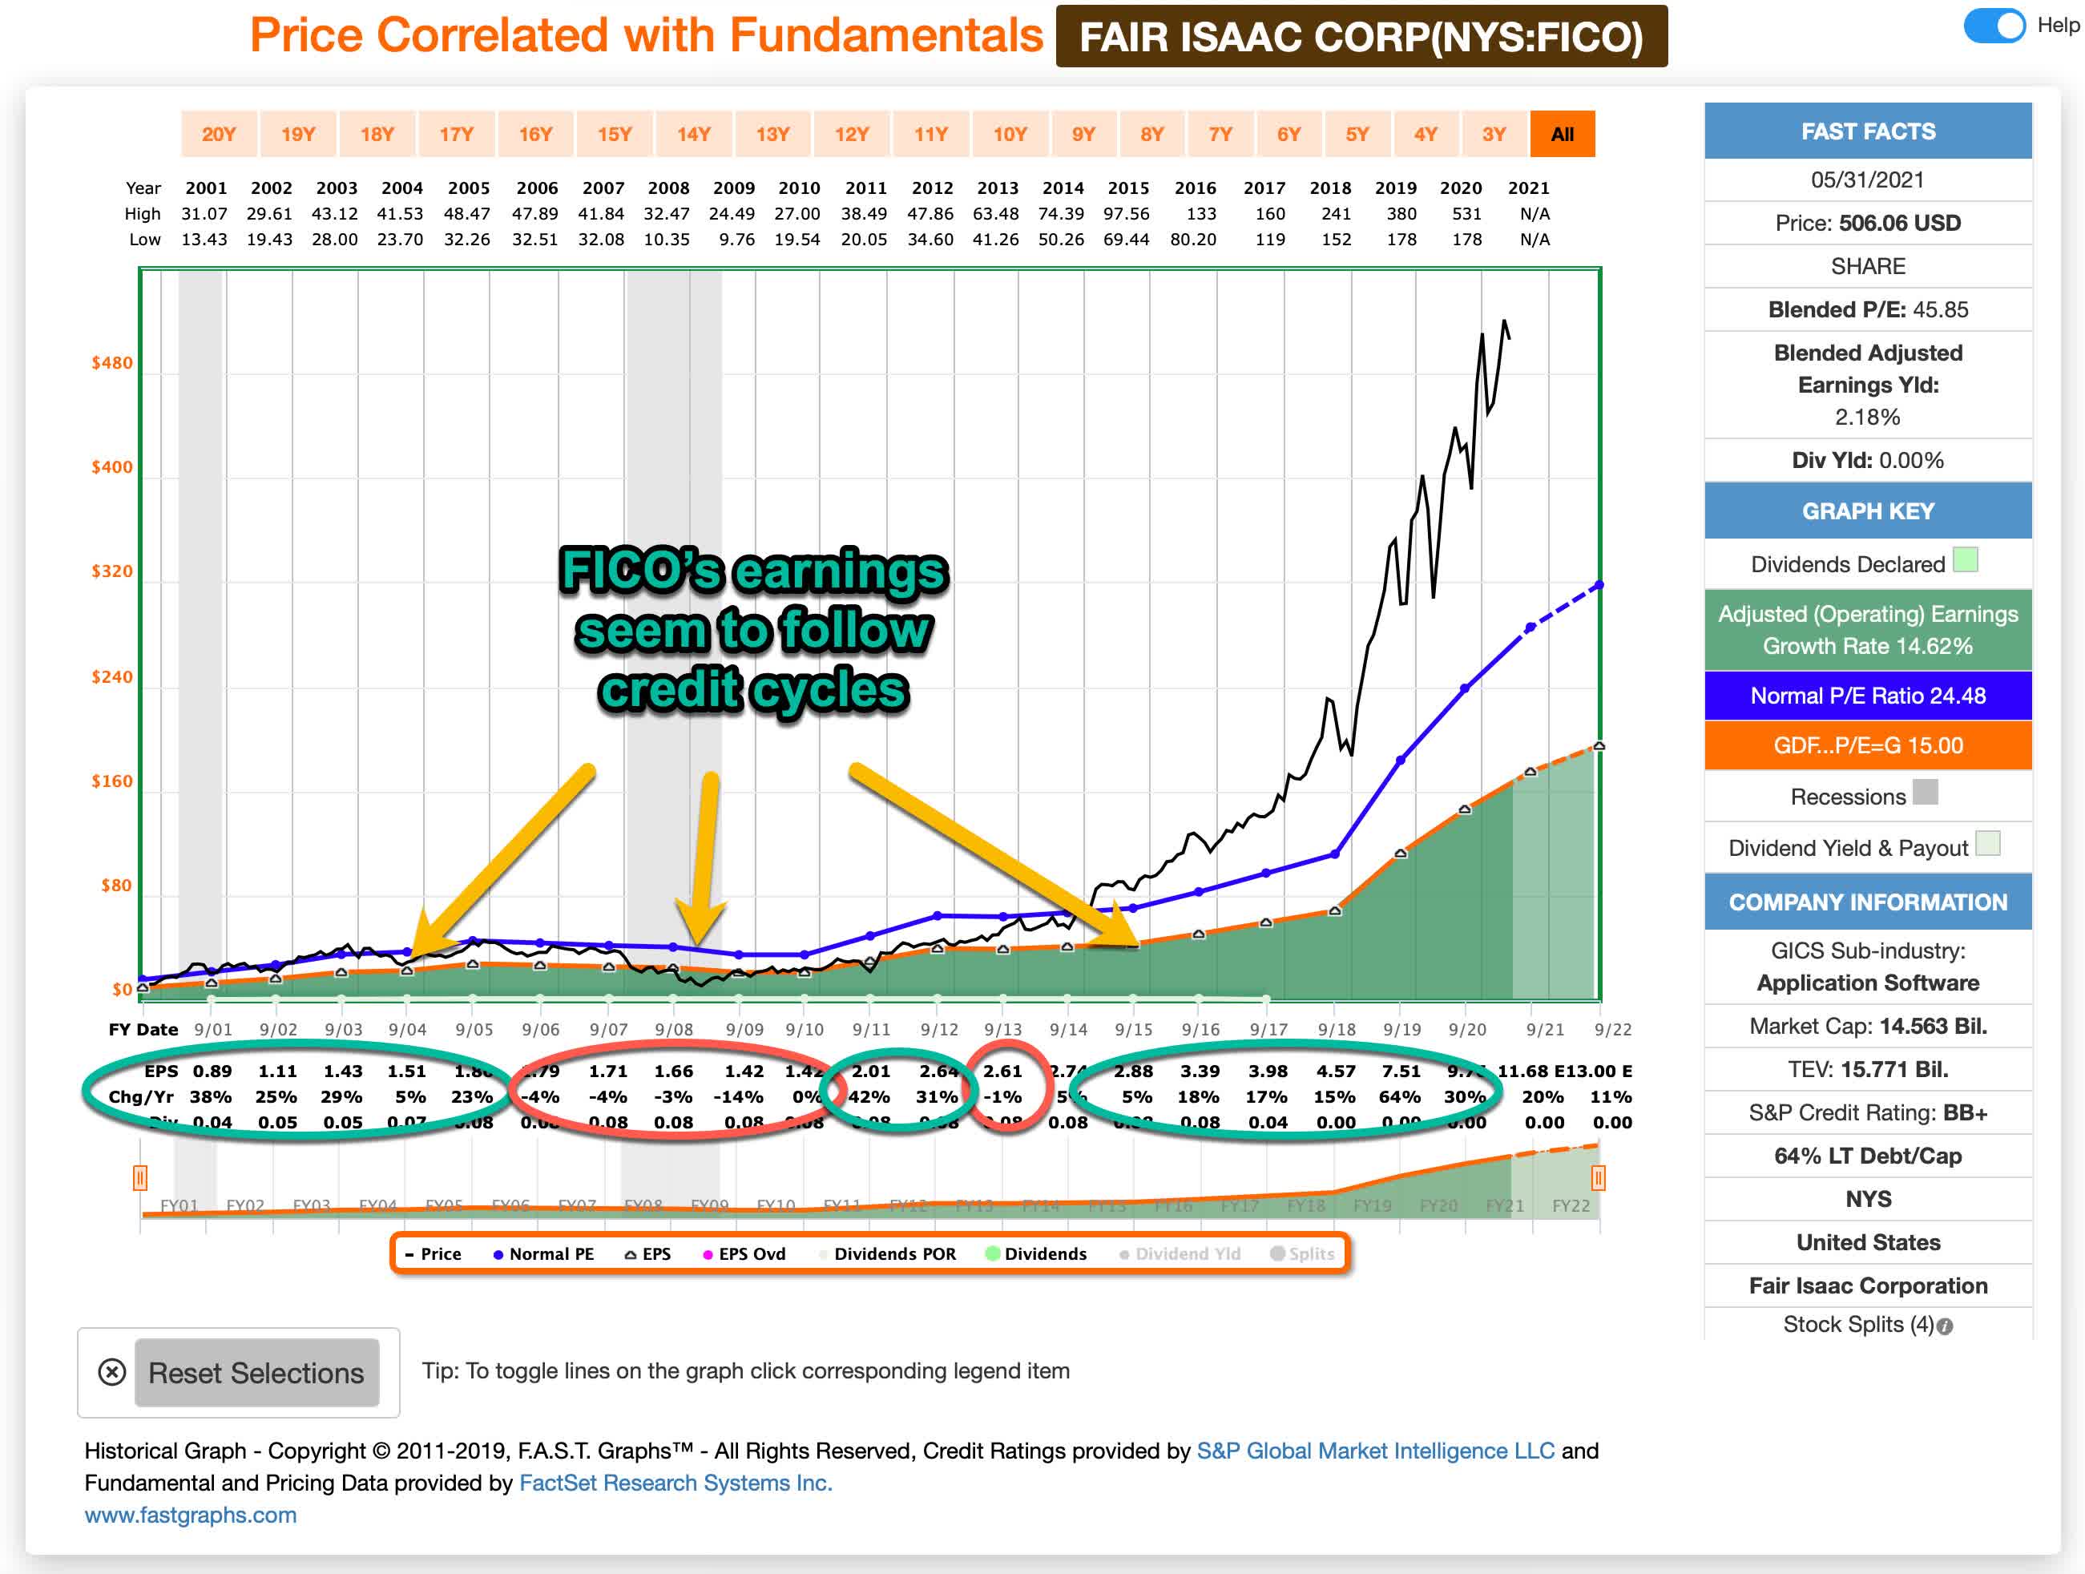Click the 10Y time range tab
tap(1009, 134)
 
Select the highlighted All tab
tap(1561, 134)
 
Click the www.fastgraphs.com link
tap(191, 1515)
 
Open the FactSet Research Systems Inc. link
tap(675, 1483)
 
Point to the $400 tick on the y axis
tap(112, 467)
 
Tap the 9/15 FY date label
tap(1133, 1029)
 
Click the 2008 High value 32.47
tap(667, 214)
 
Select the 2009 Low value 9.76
tap(736, 240)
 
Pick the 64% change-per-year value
tap(1399, 1096)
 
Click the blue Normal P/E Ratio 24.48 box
tap(1867, 696)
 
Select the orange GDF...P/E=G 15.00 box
tap(1867, 745)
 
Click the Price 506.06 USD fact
tap(1867, 224)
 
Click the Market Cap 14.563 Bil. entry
tap(1867, 1026)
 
